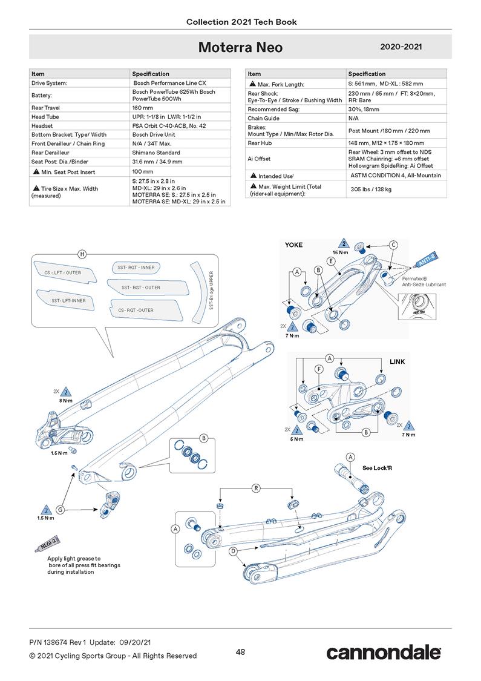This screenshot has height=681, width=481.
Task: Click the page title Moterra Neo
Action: (x=240, y=47)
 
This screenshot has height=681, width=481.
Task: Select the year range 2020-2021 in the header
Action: (x=401, y=47)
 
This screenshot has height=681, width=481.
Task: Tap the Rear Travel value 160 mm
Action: (x=143, y=108)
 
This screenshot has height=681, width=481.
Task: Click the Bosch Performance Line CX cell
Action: (x=169, y=82)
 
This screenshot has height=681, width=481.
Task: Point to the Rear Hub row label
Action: (x=261, y=143)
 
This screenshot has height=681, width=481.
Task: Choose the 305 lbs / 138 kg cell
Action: (x=371, y=189)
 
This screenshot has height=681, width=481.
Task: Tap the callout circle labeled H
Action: (x=82, y=254)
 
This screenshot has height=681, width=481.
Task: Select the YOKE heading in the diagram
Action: (x=293, y=245)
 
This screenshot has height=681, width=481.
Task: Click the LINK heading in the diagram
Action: (x=397, y=361)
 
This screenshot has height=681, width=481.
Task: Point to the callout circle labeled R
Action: (x=256, y=487)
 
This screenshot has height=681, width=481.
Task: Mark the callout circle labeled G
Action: (x=60, y=509)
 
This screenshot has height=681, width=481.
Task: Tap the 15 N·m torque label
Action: (x=341, y=252)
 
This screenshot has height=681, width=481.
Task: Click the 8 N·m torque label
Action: (x=67, y=400)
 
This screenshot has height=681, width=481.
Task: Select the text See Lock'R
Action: (x=377, y=468)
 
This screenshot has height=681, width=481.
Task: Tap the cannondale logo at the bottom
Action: (x=383, y=653)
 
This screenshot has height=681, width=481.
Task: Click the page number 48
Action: (x=240, y=651)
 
